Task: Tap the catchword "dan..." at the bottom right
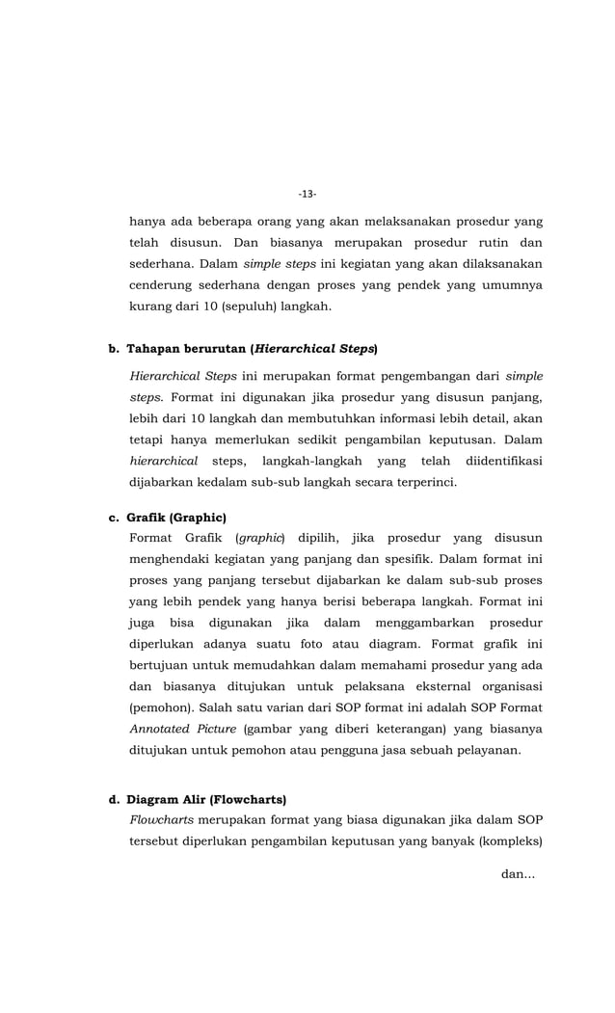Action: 519,874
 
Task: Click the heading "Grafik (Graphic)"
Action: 176,518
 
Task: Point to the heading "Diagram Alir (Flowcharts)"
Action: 206,799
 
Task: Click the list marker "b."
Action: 114,348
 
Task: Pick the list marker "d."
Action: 114,799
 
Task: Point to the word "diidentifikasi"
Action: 503,462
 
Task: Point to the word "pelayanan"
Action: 487,751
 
